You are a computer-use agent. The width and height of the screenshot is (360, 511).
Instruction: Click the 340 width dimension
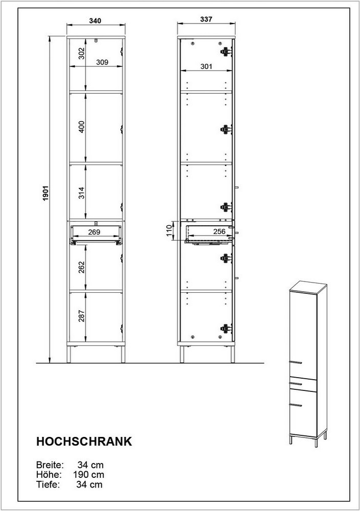click(95, 21)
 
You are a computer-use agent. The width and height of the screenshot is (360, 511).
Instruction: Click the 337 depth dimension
click(206, 19)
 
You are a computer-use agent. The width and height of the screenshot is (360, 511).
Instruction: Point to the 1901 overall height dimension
click(46, 193)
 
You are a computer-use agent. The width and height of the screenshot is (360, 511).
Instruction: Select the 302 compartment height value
click(81, 54)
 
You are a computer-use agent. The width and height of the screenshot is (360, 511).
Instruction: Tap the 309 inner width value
click(102, 62)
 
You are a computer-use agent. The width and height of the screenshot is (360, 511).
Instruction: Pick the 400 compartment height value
click(81, 127)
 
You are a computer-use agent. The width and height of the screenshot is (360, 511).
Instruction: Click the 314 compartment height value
click(81, 193)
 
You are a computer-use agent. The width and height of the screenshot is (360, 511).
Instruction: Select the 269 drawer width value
click(94, 232)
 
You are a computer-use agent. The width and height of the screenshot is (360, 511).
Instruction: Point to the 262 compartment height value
click(81, 267)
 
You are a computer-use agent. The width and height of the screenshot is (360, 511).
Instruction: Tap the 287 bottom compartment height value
click(81, 316)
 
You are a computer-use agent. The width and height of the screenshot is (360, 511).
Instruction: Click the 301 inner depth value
click(206, 66)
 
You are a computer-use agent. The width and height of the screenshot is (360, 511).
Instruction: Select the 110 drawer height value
click(169, 231)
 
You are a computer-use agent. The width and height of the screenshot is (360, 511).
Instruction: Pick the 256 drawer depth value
click(219, 231)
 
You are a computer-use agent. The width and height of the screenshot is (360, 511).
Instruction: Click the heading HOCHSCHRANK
click(84, 442)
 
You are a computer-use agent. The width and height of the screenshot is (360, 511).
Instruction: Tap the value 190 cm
click(88, 475)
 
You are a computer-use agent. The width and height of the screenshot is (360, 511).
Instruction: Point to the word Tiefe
click(48, 484)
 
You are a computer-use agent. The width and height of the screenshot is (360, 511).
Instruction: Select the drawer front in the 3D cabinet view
click(303, 384)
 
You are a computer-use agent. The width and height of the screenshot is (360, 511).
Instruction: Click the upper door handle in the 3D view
click(296, 362)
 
